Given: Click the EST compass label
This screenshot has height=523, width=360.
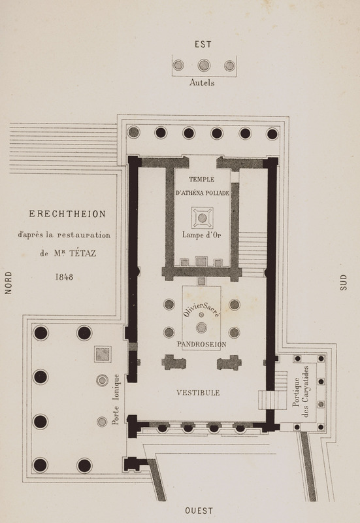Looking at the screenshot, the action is [203, 44].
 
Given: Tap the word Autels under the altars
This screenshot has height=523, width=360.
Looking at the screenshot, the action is [202, 83].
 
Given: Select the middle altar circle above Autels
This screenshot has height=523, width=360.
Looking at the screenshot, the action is [204, 65].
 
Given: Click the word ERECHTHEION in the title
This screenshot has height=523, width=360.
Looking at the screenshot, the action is [67, 214].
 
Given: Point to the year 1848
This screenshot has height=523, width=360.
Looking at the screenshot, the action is [64, 277].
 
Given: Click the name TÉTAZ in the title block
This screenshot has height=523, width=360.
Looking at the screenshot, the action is [83, 253].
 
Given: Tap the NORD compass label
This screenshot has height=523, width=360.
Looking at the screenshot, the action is [8, 282].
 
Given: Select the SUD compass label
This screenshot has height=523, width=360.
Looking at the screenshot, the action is [344, 282].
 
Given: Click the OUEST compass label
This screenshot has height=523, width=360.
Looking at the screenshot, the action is [199, 511].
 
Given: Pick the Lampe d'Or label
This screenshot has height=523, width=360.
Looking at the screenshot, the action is [202, 235].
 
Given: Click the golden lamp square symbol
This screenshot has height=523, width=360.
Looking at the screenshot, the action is [202, 218].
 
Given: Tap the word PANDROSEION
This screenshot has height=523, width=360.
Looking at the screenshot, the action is [201, 345].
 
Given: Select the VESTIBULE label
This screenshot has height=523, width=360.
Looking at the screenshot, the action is [198, 393].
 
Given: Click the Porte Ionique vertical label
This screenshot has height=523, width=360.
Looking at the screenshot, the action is [116, 399].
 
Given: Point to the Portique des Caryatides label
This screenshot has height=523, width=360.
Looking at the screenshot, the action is [301, 392].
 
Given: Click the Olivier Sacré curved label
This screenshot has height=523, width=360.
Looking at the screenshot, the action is [201, 309].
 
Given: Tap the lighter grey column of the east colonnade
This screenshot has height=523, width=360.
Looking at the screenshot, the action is [133, 132].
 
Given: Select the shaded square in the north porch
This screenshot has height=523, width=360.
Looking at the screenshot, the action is [103, 354].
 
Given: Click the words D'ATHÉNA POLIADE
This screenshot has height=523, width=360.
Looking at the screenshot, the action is [203, 193].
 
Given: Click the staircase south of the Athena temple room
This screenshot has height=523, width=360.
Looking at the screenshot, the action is [253, 254].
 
